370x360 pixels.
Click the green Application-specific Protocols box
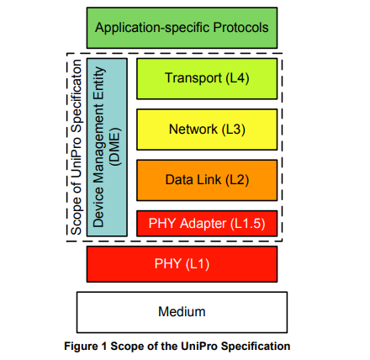pos(182,28)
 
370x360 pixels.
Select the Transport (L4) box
pos(207,78)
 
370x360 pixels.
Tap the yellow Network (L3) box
pos(207,130)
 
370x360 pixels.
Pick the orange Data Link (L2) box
pos(207,180)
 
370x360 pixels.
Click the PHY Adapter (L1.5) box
pos(207,224)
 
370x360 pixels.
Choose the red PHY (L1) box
pos(182,264)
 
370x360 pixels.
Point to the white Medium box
pos(182,312)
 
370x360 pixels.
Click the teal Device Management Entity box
pos(107,147)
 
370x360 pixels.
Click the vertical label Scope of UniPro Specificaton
pos(77,147)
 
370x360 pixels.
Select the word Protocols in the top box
pos(240,28)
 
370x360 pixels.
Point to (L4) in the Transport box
pos(237,78)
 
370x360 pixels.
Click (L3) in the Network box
pos(234,130)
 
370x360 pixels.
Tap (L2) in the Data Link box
pos(237,180)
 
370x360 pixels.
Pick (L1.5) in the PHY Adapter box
pos(248,224)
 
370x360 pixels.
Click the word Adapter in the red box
pos(203,224)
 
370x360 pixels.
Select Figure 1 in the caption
pos(86,347)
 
